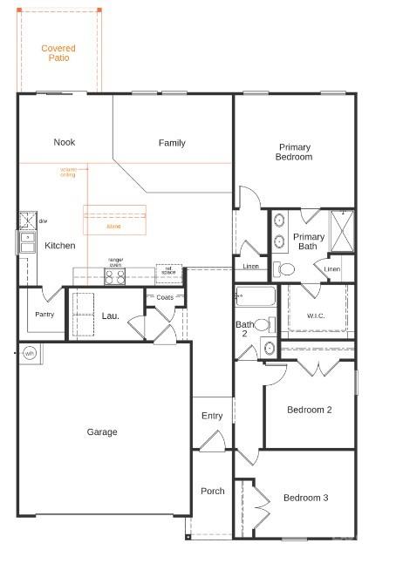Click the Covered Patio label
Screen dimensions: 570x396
[58, 53]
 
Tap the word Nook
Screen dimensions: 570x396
[64, 142]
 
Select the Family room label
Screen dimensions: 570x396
[172, 143]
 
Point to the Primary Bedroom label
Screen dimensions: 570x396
[294, 153]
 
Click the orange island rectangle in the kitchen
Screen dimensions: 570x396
[113, 219]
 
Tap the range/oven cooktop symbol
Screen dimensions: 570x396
[115, 276]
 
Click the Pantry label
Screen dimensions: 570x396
[44, 314]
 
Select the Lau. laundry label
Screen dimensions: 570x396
[110, 315]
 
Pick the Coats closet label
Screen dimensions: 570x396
[165, 298]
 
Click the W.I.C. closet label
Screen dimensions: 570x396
[316, 316]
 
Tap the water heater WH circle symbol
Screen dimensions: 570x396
[29, 353]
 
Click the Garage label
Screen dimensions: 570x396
[101, 431]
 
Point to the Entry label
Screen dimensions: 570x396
[212, 416]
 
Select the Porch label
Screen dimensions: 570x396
[212, 491]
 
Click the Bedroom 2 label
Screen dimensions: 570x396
[309, 409]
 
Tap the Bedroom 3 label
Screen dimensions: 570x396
[305, 498]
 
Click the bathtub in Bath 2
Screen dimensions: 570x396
[256, 297]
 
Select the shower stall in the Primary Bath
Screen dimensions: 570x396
[341, 230]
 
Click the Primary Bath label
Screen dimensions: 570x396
[309, 241]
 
